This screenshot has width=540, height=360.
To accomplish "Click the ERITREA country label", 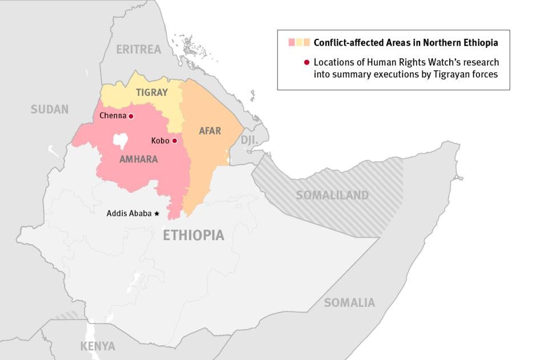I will [x=139, y=49].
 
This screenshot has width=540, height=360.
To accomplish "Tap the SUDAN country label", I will [x=50, y=109].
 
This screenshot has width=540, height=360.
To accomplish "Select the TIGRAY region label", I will [x=152, y=92].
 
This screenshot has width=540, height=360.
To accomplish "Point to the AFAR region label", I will [x=209, y=131].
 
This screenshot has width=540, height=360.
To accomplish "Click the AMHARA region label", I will [x=138, y=159].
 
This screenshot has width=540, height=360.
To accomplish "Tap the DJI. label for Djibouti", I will [x=249, y=140].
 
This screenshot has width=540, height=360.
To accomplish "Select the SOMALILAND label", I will [x=332, y=195].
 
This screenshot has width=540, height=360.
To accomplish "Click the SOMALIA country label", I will [x=349, y=302].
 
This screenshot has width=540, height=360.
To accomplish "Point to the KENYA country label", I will [x=98, y=346].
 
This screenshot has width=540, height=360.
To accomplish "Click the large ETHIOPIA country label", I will [x=194, y=235].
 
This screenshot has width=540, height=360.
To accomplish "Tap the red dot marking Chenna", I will [x=131, y=116].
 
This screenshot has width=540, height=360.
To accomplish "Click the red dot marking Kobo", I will [x=175, y=140].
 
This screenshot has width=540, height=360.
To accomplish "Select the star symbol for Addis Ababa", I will [x=157, y=213].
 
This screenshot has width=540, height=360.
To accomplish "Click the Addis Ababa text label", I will [x=129, y=213].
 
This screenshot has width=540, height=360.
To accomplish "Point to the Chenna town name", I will [x=112, y=116].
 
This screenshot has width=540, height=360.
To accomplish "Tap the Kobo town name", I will [x=160, y=140].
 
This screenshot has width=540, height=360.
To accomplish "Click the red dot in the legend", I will [x=307, y=62].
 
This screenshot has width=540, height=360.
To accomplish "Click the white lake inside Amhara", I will [x=120, y=140].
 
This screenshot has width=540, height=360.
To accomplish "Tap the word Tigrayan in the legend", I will [x=454, y=74].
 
